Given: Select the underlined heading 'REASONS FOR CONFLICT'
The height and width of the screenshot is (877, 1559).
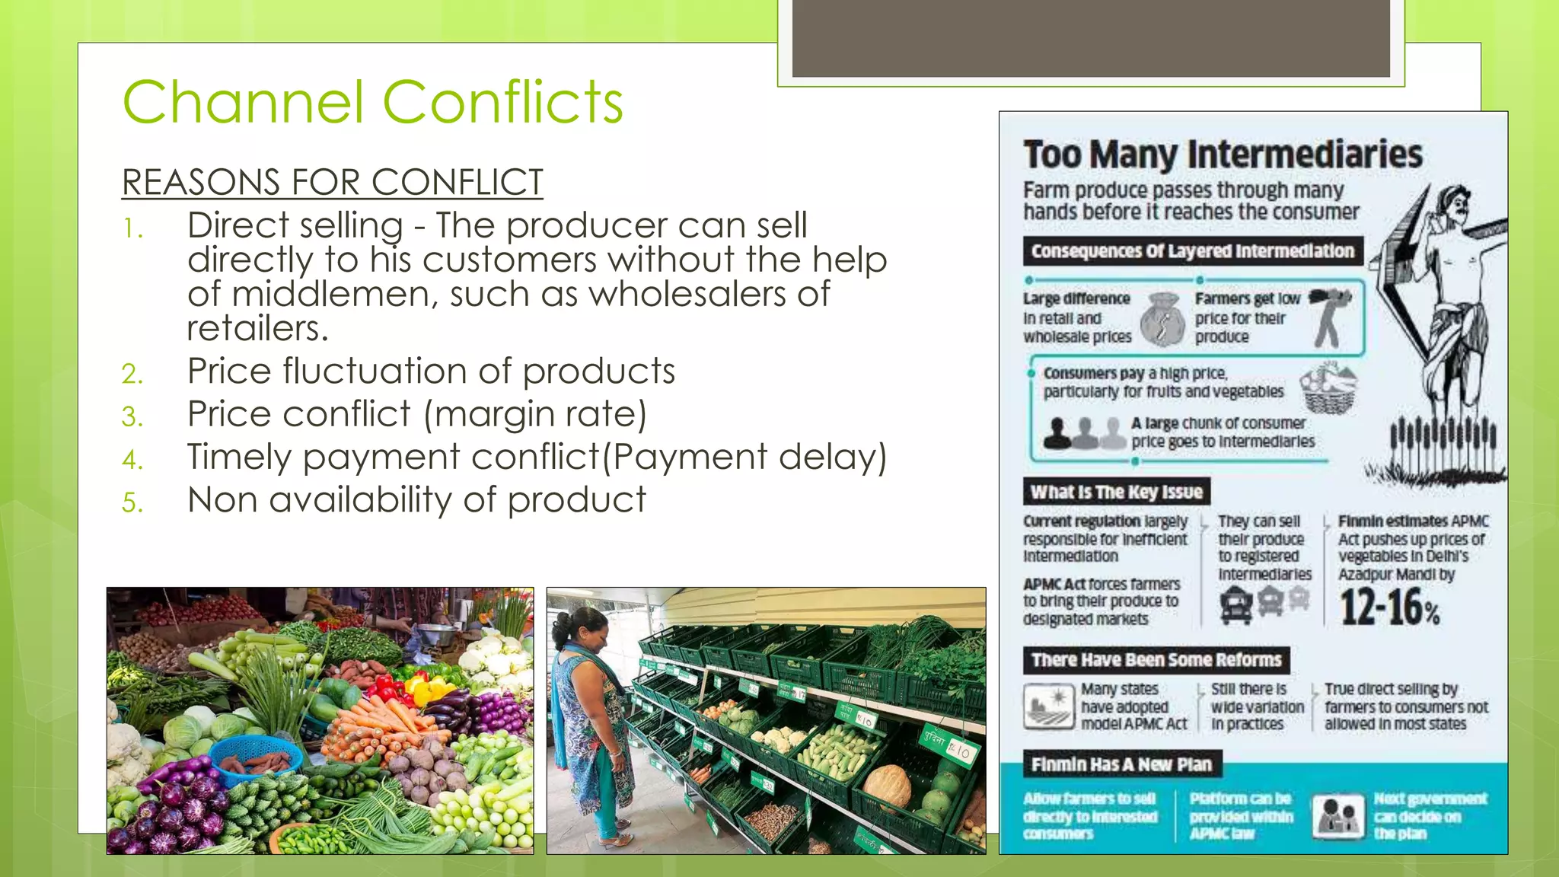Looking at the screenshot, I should tap(332, 183).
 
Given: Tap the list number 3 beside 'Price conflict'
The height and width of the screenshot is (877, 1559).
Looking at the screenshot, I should tap(132, 416).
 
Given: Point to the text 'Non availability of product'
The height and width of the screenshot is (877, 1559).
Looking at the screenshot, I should tap(416, 500).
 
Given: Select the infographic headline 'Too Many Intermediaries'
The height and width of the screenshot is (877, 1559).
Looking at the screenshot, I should tap(1223, 155).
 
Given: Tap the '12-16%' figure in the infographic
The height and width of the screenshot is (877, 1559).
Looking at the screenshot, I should tap(1390, 608).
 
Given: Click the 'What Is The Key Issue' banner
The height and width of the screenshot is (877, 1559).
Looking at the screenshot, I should tap(1116, 492).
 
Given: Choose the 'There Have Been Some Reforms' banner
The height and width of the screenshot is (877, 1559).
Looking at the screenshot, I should tap(1156, 659).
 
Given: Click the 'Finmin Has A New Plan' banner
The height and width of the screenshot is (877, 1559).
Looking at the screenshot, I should tap(1121, 764).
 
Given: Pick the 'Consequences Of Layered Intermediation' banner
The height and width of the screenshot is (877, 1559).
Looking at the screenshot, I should tap(1192, 251).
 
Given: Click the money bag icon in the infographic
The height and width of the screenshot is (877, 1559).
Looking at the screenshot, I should tap(1163, 318).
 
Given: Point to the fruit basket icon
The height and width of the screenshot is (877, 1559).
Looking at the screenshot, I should tap(1329, 387).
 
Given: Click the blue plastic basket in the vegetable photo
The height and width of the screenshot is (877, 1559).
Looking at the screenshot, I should tap(255, 757).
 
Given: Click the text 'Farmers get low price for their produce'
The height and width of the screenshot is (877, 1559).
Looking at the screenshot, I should tap(1247, 318).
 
